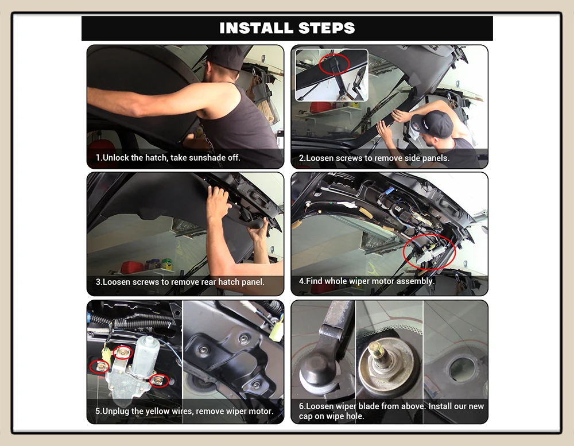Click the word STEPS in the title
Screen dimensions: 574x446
(x=327, y=28)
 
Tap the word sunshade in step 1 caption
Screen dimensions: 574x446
(x=208, y=157)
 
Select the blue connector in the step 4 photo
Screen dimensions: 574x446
(x=390, y=192)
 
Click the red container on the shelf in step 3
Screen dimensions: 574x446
(x=129, y=266)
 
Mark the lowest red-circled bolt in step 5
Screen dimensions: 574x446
(x=159, y=380)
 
